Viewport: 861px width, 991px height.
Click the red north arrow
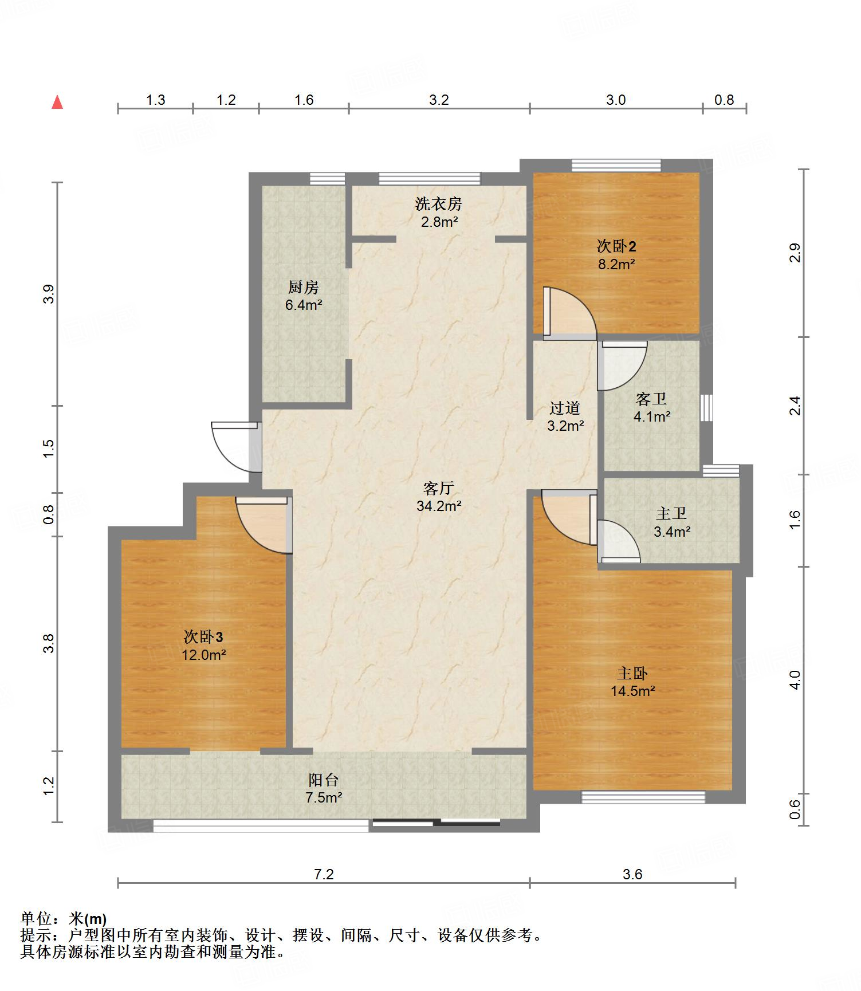[x=57, y=102]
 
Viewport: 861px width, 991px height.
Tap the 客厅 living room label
[x=439, y=488]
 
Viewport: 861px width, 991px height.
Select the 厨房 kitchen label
[x=304, y=287]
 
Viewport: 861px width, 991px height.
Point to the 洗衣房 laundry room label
[x=439, y=203]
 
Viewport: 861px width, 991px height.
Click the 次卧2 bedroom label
[x=616, y=246]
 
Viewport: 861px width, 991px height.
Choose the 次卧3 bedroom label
[x=203, y=636]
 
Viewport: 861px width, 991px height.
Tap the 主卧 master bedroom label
[x=632, y=673]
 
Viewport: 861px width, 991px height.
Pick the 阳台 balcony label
[x=324, y=780]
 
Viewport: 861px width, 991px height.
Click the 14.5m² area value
[x=632, y=691]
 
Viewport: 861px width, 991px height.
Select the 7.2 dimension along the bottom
[x=324, y=874]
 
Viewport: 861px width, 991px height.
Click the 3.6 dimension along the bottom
[x=632, y=874]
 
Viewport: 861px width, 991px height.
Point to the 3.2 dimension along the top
[x=439, y=100]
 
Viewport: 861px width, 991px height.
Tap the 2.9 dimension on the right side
[x=795, y=253]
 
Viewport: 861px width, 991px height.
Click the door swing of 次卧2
[x=569, y=313]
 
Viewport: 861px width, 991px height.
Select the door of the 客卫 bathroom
[x=622, y=366]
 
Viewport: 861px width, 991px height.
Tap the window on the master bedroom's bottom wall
[x=643, y=797]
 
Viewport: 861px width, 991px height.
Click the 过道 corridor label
[x=565, y=408]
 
